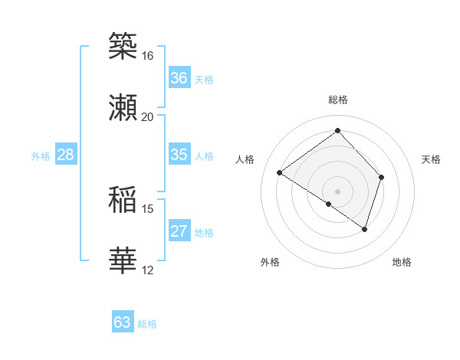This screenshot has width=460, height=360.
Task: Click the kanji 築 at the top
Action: point(123,45)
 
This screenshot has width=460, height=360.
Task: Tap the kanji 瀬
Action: point(123,107)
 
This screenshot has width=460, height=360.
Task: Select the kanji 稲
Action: point(123,200)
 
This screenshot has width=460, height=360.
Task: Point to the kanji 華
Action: point(123,261)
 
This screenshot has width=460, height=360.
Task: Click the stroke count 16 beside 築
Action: point(147,56)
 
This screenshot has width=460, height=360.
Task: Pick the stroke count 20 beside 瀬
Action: point(147,117)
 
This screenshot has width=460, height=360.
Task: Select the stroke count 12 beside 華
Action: point(147,270)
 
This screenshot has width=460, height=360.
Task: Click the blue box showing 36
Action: point(179,78)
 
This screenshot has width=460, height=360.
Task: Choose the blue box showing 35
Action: point(179,155)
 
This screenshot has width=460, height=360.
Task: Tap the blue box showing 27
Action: point(179,231)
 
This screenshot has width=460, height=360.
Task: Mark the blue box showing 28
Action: point(66,155)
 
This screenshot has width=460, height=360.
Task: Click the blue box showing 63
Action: point(123,322)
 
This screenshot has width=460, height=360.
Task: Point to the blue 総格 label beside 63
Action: point(147,324)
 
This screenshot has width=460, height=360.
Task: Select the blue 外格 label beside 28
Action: point(41,156)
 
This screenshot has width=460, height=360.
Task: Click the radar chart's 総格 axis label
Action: point(337,100)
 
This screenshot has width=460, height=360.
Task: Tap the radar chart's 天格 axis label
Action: point(431,159)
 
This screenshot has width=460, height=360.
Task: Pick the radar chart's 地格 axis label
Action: point(402,263)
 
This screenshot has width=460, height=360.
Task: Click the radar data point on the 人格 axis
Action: point(280,173)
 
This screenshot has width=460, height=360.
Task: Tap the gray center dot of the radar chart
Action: point(337,191)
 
